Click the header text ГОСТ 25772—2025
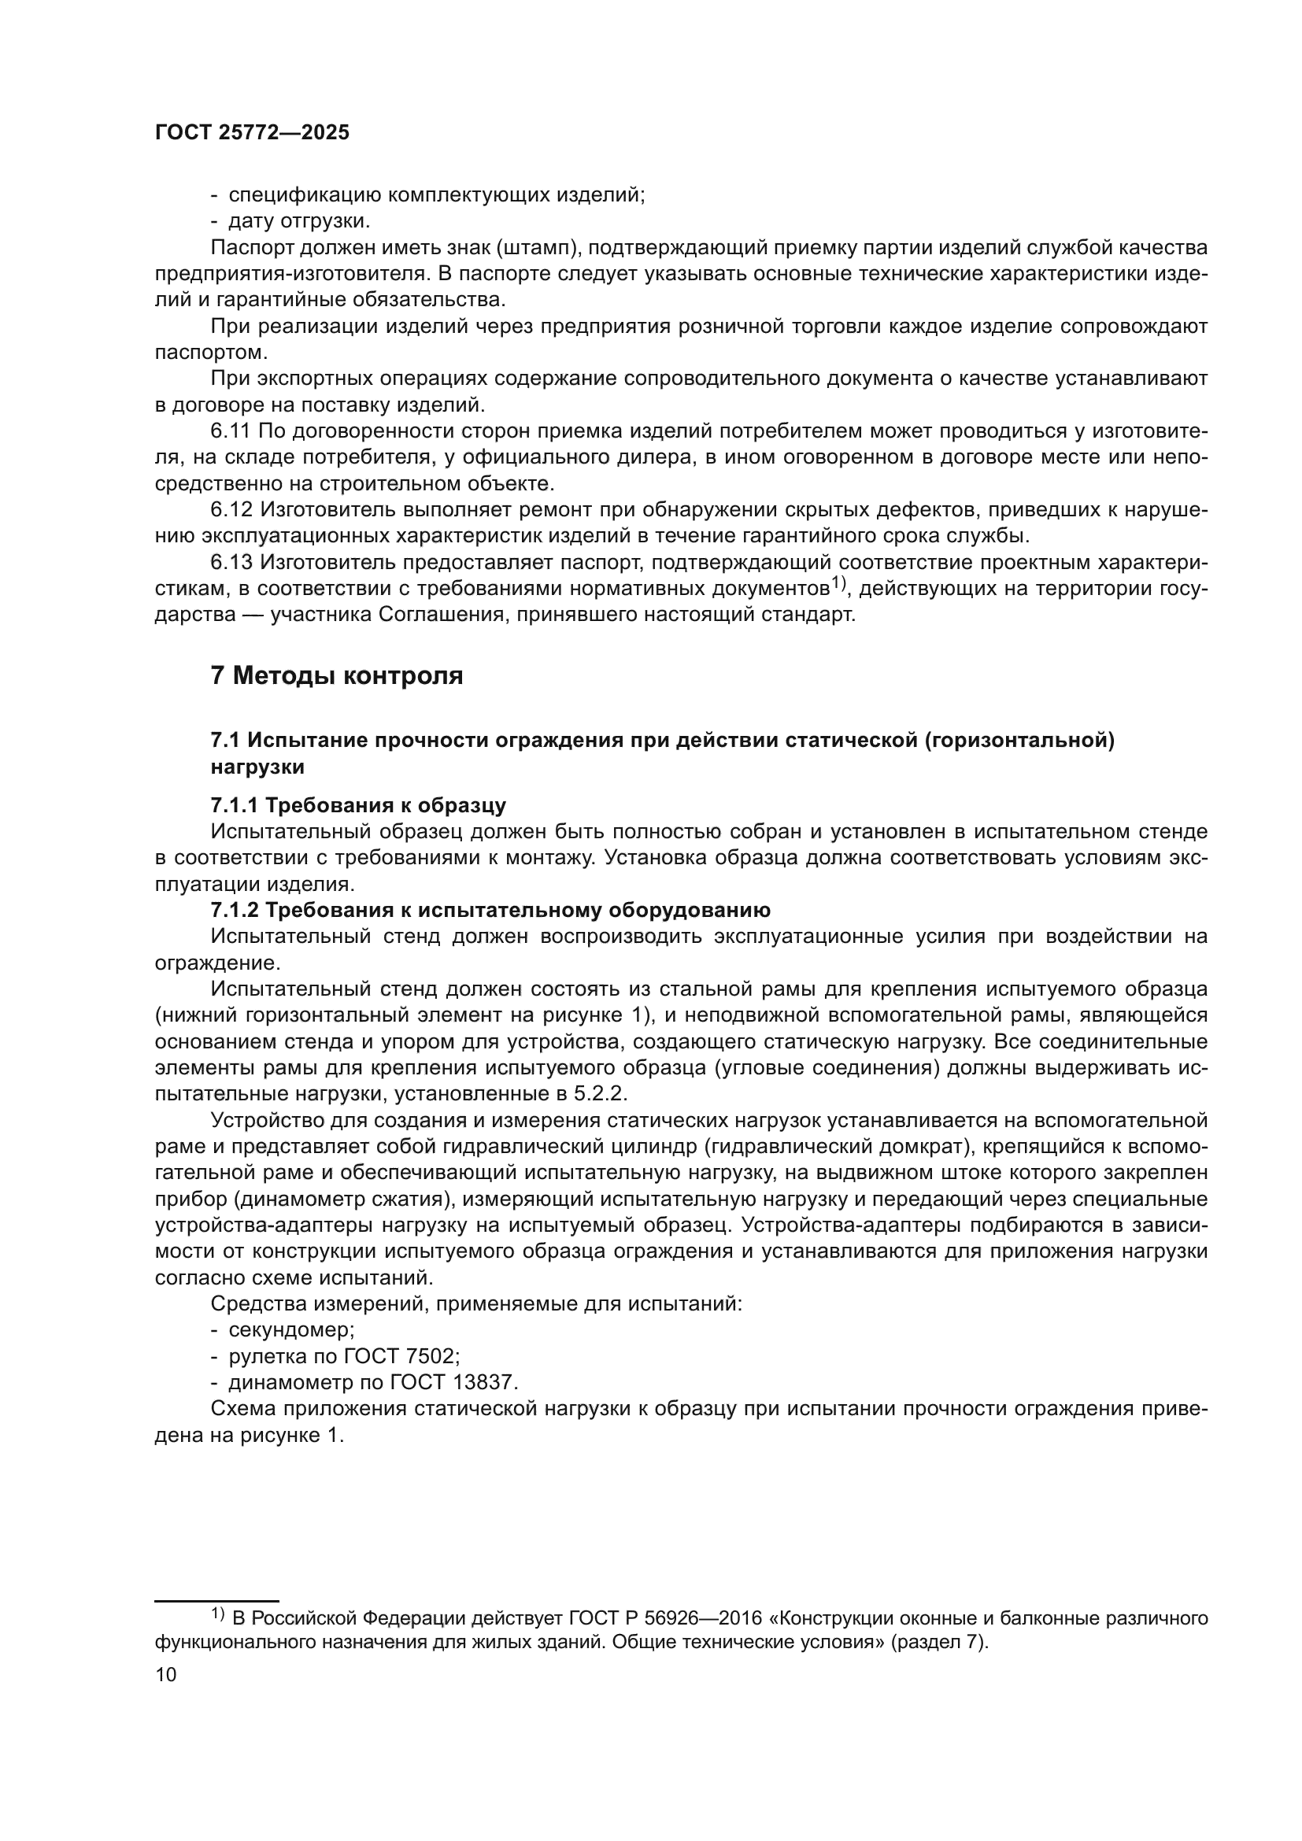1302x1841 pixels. [253, 133]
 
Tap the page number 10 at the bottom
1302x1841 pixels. [166, 1675]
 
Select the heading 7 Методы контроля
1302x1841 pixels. [337, 676]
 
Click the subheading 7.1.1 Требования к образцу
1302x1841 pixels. [357, 805]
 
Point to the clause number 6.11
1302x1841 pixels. [231, 431]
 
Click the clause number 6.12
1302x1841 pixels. [231, 509]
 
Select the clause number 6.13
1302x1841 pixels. [231, 562]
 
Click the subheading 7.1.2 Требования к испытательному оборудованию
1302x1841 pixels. [490, 910]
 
